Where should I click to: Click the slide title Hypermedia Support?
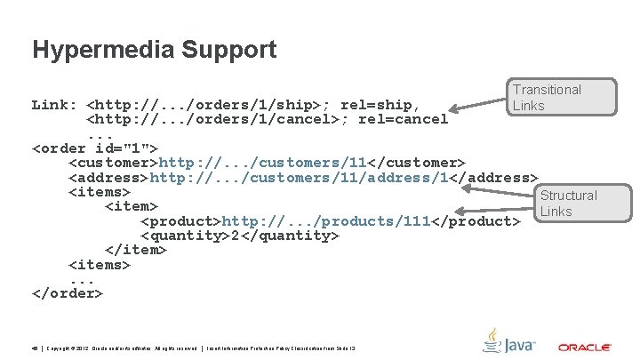point(154,49)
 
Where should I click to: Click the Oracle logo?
point(584,347)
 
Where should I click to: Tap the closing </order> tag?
point(68,292)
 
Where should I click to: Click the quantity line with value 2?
point(239,235)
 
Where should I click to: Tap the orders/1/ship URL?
point(248,105)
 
